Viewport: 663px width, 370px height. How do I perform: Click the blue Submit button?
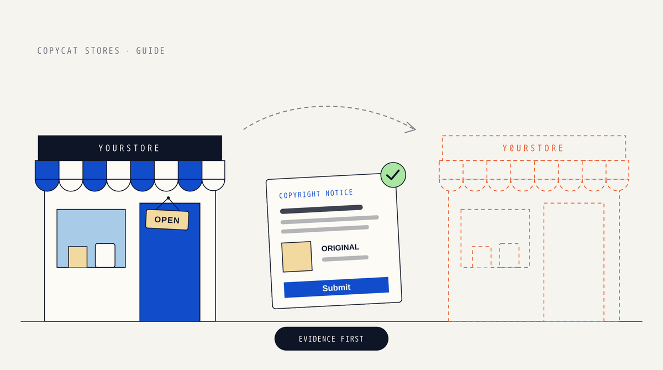(336, 288)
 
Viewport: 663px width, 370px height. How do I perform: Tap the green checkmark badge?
(393, 175)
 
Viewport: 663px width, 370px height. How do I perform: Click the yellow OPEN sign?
(167, 220)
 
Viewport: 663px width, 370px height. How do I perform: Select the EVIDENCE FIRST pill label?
(331, 338)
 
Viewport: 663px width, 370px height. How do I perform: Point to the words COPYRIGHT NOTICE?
(316, 194)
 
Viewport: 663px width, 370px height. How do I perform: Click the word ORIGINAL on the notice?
(340, 248)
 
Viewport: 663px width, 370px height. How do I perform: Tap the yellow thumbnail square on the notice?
(297, 257)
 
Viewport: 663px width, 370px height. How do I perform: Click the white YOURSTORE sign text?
(129, 148)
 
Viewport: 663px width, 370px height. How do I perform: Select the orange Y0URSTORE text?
(533, 148)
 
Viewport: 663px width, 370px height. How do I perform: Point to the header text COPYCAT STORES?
(78, 51)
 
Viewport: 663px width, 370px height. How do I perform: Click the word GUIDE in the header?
(150, 51)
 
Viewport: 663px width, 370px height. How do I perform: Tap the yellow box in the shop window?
(77, 257)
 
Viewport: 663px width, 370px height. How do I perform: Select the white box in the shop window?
(105, 256)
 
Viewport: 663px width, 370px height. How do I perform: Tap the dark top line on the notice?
(322, 209)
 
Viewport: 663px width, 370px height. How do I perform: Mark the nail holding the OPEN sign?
(168, 198)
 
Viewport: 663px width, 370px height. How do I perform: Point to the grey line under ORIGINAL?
(345, 258)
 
